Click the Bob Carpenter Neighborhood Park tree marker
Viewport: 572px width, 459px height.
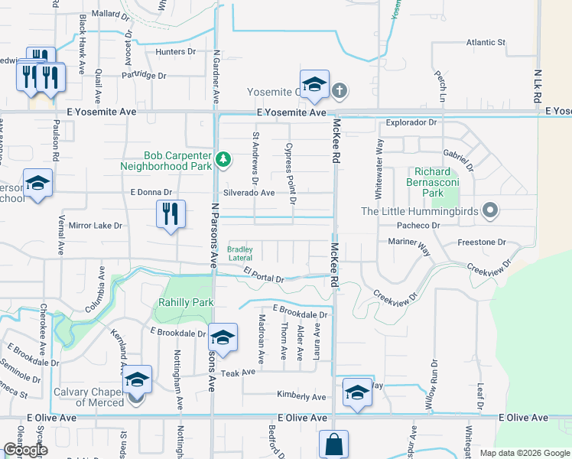tap(223, 160)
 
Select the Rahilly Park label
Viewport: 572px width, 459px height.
tap(186, 302)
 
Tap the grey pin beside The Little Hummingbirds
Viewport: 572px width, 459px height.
tap(492, 211)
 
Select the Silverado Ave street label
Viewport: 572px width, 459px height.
tap(249, 193)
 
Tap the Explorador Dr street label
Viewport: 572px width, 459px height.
tap(411, 122)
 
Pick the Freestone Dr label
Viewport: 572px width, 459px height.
tap(482, 242)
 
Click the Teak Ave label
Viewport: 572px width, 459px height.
tap(238, 373)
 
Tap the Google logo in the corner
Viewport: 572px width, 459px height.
tap(25, 450)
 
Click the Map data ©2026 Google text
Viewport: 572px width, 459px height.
tap(524, 453)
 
